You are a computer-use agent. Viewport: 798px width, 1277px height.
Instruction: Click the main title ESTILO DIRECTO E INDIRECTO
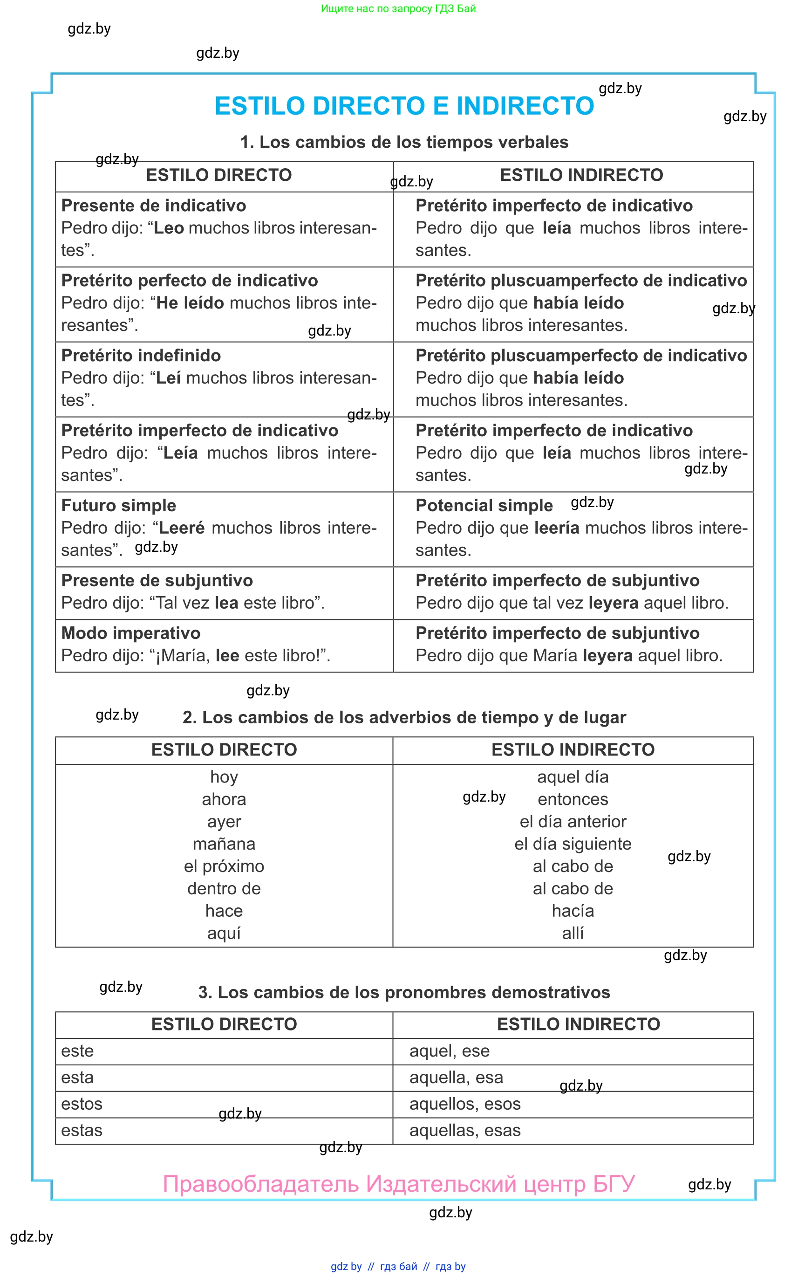point(404,106)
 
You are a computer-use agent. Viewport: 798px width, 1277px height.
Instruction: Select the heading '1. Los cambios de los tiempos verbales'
point(404,142)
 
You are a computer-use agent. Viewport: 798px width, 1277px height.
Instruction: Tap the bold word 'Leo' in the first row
point(169,228)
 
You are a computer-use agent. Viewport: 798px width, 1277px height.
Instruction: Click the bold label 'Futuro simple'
point(119,505)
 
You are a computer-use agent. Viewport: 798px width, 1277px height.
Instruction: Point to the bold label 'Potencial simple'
point(484,505)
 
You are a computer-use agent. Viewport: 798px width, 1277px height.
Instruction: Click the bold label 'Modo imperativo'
point(131,633)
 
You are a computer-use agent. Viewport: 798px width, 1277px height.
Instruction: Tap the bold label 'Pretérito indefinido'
point(141,355)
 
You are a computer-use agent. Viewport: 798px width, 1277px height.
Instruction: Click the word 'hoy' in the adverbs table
point(224,777)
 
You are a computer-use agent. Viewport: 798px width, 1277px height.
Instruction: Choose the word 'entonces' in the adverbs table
point(573,799)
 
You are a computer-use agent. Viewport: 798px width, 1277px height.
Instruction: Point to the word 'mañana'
point(224,844)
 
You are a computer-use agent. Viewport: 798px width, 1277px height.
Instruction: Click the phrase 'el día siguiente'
point(573,844)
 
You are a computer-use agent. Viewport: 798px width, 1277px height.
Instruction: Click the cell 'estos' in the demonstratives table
point(82,1104)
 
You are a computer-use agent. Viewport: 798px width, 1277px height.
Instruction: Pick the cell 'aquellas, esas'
point(465,1130)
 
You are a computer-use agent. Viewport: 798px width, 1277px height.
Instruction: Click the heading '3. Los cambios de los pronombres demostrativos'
point(404,992)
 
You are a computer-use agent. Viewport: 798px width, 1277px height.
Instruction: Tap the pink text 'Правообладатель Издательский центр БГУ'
point(398,1184)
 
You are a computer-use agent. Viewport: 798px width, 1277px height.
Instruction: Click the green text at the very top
point(398,8)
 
